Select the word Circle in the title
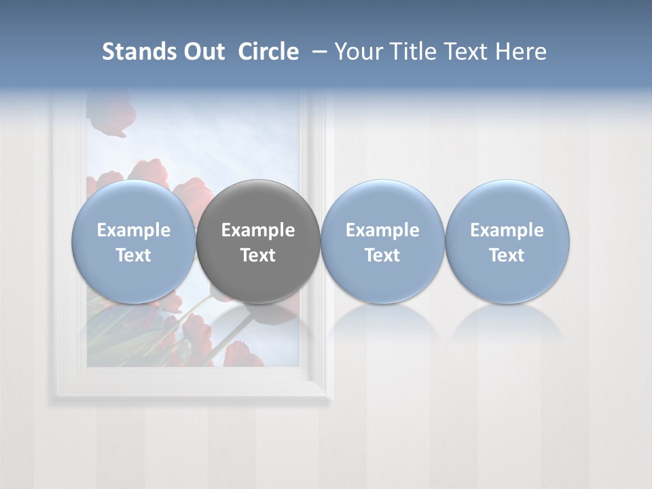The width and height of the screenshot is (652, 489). [x=268, y=52]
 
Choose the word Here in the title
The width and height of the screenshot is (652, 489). [x=521, y=52]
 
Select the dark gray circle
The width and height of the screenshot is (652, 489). [x=258, y=241]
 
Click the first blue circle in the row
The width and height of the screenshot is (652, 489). [x=134, y=241]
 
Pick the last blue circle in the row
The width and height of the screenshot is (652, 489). [x=507, y=241]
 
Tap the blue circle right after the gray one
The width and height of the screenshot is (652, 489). [x=382, y=241]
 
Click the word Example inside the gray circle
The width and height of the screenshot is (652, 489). [x=258, y=230]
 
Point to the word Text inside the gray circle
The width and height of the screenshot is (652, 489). [x=258, y=255]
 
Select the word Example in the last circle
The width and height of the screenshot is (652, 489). [x=507, y=230]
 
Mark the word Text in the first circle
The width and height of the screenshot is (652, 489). [x=134, y=255]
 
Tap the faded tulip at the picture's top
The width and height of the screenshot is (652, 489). [x=109, y=115]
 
